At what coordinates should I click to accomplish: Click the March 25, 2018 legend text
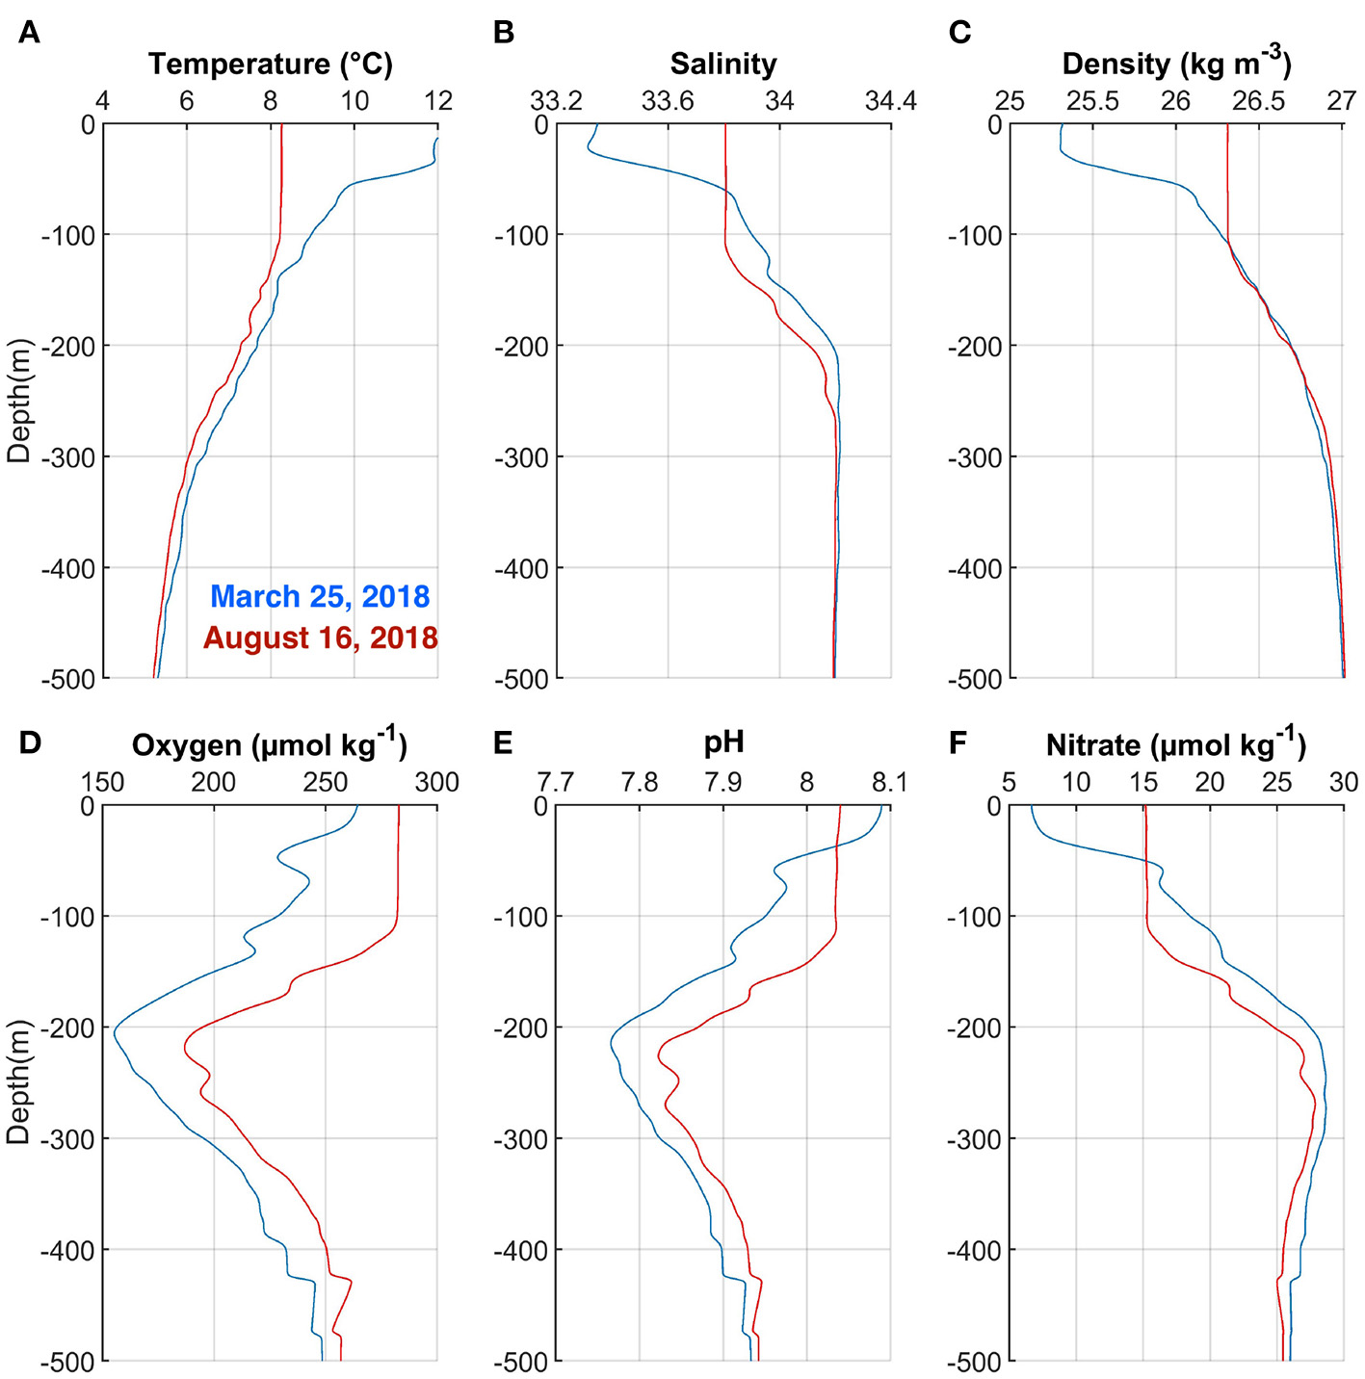coord(320,596)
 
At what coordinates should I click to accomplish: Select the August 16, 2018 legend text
coord(321,637)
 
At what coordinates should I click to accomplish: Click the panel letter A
coord(30,33)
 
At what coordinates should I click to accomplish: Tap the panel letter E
coord(502,743)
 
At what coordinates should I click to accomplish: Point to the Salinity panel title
coord(723,64)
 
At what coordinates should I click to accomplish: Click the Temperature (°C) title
coord(271,64)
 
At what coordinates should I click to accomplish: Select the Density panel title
coord(1176,64)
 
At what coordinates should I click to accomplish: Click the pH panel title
coord(723,742)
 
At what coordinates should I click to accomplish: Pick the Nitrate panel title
coord(1176,744)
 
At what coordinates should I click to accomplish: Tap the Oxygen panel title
coord(270,744)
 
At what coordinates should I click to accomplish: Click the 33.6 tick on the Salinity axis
coord(668,100)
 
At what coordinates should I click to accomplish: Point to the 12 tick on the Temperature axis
coord(438,100)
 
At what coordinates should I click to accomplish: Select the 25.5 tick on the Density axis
coord(1092,100)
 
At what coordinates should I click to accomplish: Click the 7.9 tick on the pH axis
coord(722,782)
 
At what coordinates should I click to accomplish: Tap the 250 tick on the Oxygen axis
coord(325,782)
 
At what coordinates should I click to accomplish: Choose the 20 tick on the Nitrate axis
coord(1210,782)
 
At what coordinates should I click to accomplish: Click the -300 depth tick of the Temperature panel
coord(74,457)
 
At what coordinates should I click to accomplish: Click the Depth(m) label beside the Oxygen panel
coord(18,1082)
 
